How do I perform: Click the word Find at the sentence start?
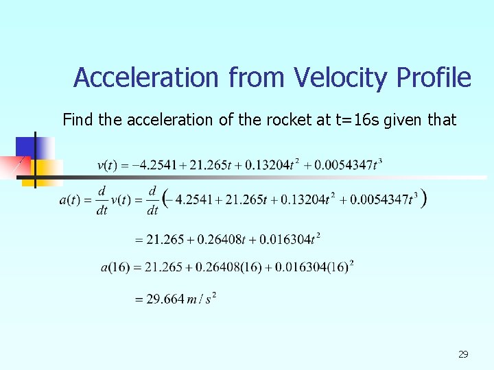tap(78, 120)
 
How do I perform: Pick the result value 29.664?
tap(165, 299)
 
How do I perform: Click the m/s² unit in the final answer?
tap(203, 299)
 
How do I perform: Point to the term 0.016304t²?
tap(292, 239)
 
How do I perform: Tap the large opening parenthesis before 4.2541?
tap(165, 199)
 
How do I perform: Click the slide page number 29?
tap(463, 354)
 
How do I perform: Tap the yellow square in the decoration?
tap(48, 171)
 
